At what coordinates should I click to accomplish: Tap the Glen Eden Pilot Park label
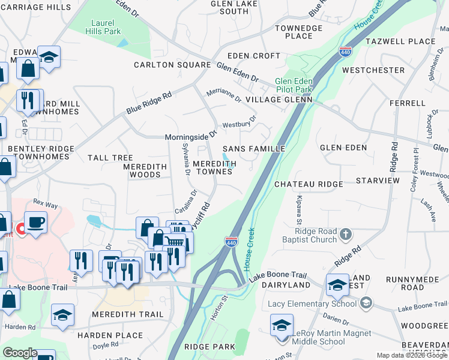click(x=294, y=85)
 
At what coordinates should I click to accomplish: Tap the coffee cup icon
click(x=36, y=223)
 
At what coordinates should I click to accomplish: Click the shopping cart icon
click(x=175, y=242)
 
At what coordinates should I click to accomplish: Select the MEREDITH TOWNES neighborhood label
click(x=214, y=167)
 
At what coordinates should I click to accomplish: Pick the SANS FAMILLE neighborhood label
click(x=253, y=148)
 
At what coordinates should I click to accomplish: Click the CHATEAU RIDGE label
click(x=309, y=184)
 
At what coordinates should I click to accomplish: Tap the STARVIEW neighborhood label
click(x=378, y=180)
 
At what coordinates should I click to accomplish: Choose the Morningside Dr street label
click(x=190, y=136)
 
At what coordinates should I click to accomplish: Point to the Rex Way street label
click(x=46, y=204)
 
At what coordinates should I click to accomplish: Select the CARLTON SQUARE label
click(x=172, y=65)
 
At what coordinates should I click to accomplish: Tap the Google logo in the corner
click(x=20, y=353)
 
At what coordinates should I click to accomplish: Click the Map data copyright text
click(x=411, y=355)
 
